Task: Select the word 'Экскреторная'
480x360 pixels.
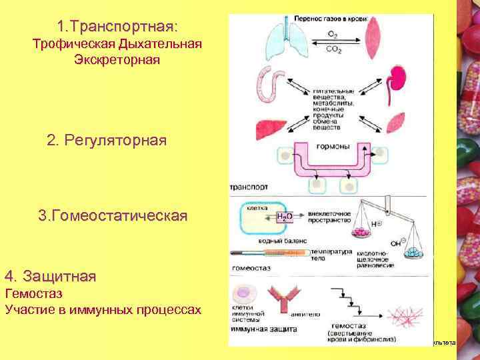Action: pyautogui.click(x=117, y=60)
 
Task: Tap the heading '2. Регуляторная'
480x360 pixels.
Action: pyautogui.click(x=107, y=141)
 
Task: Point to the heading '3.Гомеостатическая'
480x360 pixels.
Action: pyautogui.click(x=113, y=216)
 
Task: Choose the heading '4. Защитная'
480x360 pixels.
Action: pyautogui.click(x=50, y=275)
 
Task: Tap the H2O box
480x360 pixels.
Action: pyautogui.click(x=283, y=218)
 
